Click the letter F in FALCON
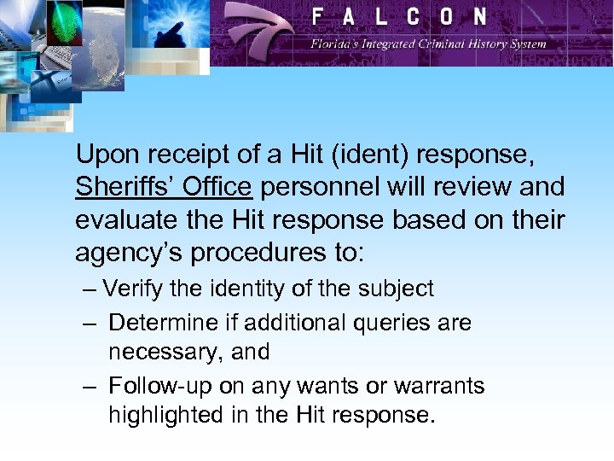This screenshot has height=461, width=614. (318, 16)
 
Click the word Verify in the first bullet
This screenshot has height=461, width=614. (133, 289)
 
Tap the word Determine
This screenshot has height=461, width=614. (160, 323)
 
